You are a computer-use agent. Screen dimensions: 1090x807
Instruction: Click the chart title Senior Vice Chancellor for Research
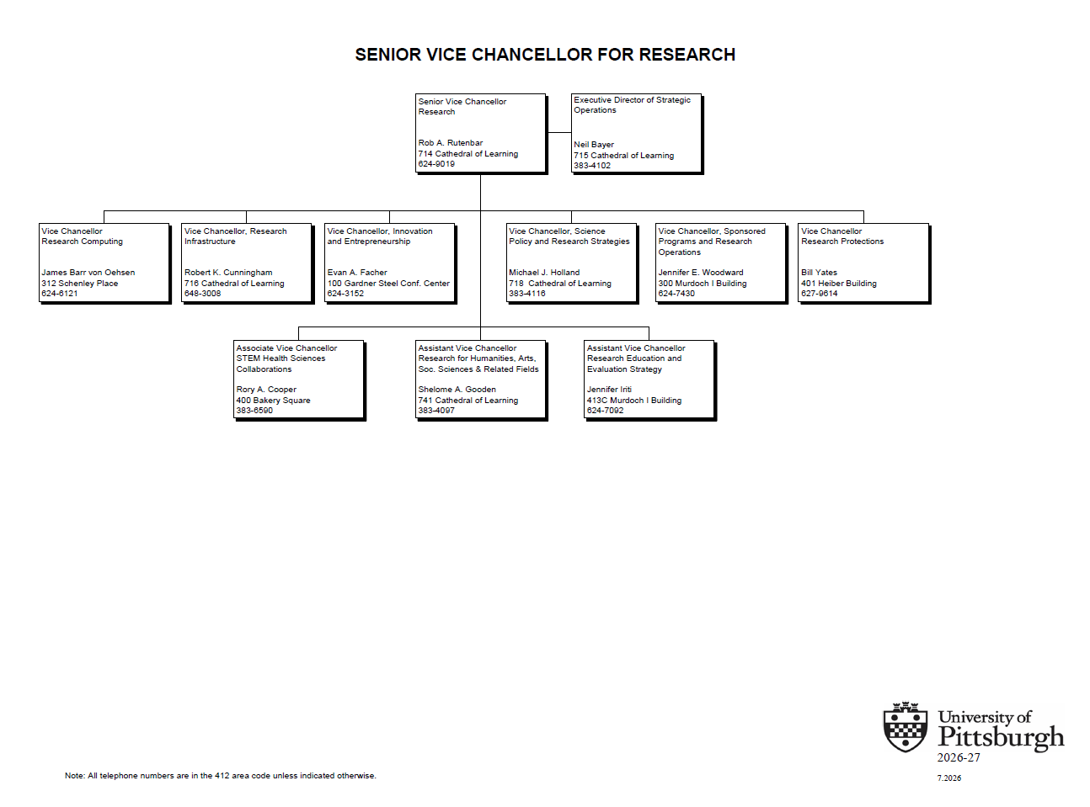pyautogui.click(x=545, y=55)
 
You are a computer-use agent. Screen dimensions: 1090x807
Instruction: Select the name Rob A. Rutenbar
pyautogui.click(x=450, y=143)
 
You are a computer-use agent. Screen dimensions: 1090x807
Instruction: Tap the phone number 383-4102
pyautogui.click(x=591, y=166)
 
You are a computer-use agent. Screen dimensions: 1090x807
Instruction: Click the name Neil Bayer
pyautogui.click(x=594, y=145)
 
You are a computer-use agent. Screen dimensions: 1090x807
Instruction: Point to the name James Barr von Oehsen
pyautogui.click(x=88, y=272)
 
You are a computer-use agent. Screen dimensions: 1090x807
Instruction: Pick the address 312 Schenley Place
pyautogui.click(x=80, y=284)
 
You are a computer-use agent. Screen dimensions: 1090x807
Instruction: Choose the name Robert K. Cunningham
pyautogui.click(x=228, y=272)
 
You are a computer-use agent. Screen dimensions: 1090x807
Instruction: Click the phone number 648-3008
pyautogui.click(x=202, y=294)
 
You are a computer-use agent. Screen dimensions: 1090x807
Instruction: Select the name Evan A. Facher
pyautogui.click(x=357, y=272)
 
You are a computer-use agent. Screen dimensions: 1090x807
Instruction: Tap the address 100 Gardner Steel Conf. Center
pyautogui.click(x=388, y=284)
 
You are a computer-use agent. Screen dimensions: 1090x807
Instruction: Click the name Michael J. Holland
pyautogui.click(x=544, y=272)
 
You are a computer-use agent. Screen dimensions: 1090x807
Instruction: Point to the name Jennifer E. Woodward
pyautogui.click(x=701, y=272)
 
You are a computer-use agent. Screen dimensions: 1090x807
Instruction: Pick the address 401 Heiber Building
pyautogui.click(x=838, y=284)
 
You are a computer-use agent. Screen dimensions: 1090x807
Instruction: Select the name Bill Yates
pyautogui.click(x=819, y=272)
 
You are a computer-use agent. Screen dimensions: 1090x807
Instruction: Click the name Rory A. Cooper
pyautogui.click(x=266, y=389)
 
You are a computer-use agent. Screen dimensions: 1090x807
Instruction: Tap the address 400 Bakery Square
pyautogui.click(x=273, y=401)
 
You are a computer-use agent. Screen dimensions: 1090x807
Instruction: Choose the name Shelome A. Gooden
pyautogui.click(x=457, y=389)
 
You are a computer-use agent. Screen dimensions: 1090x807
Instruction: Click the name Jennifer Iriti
pyautogui.click(x=609, y=389)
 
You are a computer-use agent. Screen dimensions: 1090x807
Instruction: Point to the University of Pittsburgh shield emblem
pyautogui.click(x=906, y=727)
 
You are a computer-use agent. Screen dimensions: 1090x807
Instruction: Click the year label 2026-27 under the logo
pyautogui.click(x=958, y=757)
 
